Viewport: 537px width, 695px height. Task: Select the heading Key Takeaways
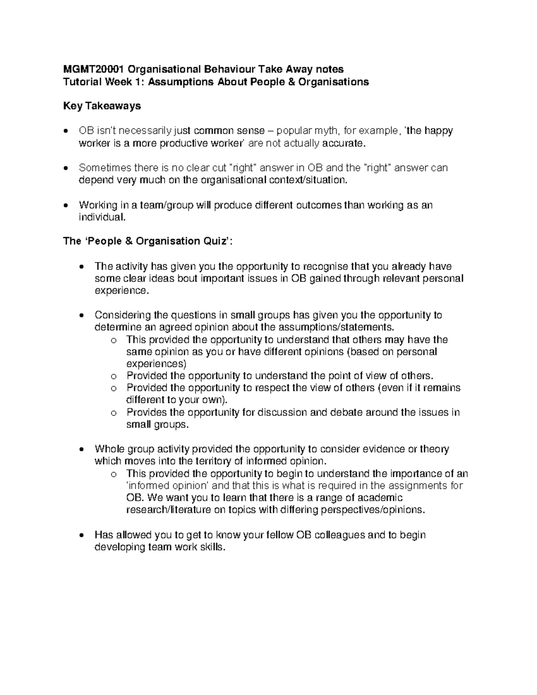[102, 106]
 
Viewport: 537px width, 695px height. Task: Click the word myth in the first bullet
[327, 131]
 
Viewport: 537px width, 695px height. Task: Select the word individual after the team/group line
[101, 217]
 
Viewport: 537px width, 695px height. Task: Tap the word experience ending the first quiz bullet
[120, 291]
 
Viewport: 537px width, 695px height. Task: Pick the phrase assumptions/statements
[333, 327]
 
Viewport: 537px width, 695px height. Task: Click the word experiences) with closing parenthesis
[157, 363]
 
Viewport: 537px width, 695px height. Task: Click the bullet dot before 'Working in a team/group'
[66, 206]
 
